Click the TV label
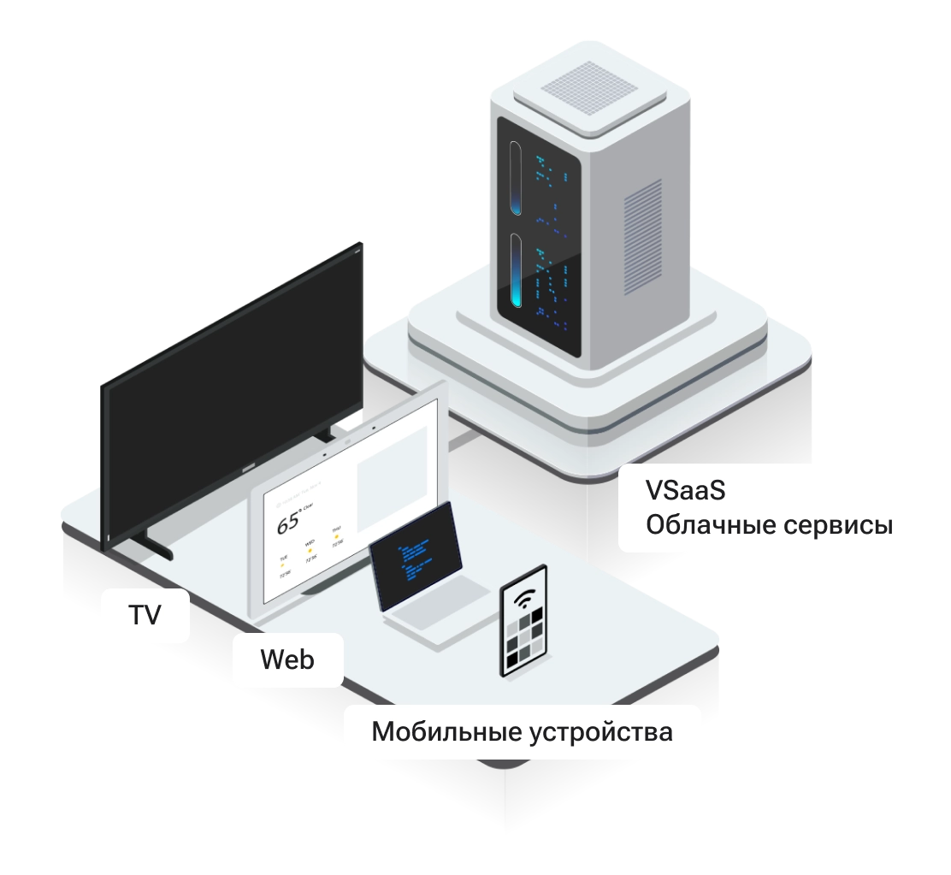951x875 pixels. click(145, 614)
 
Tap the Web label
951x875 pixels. click(286, 659)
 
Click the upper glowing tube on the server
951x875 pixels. click(516, 177)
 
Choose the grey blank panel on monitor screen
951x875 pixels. click(390, 479)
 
